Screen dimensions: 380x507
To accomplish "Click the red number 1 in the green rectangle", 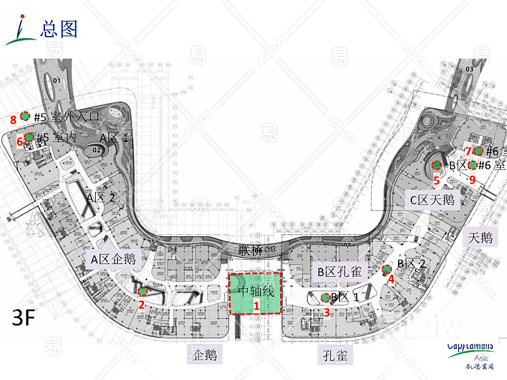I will point(257,305).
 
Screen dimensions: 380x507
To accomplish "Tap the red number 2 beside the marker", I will point(142,304).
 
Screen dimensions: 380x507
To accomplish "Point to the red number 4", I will point(391,278).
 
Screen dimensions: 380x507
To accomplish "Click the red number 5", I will point(436,180).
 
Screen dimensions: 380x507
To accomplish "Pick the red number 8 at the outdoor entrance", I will point(13,118).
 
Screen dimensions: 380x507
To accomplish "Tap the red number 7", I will point(468,151).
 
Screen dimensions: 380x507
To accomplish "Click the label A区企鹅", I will point(113,258).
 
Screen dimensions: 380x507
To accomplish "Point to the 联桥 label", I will point(250,250).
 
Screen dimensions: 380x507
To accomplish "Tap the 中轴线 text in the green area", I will point(256,291).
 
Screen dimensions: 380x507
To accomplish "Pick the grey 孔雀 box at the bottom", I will point(334,355).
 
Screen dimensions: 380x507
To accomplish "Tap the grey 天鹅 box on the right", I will point(480,237).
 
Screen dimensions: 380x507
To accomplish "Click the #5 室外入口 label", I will point(67,117).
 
